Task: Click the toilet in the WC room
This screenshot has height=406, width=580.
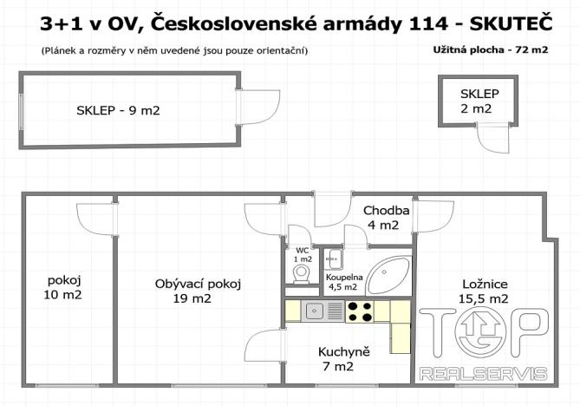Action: [x=302, y=275]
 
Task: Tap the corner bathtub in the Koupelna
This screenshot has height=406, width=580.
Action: [x=384, y=277]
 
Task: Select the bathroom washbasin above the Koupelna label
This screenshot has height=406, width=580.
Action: [x=332, y=258]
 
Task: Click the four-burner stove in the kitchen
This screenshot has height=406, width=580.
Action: [x=360, y=310]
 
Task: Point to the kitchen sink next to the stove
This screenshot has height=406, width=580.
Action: [x=314, y=310]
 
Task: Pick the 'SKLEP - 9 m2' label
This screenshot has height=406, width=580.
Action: [x=117, y=110]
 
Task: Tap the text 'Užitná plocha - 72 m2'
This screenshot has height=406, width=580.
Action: [x=490, y=49]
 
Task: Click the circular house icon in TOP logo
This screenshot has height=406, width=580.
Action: [x=479, y=334]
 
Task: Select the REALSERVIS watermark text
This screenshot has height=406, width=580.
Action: [x=482, y=374]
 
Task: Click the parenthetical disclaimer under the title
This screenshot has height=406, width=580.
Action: [x=174, y=50]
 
